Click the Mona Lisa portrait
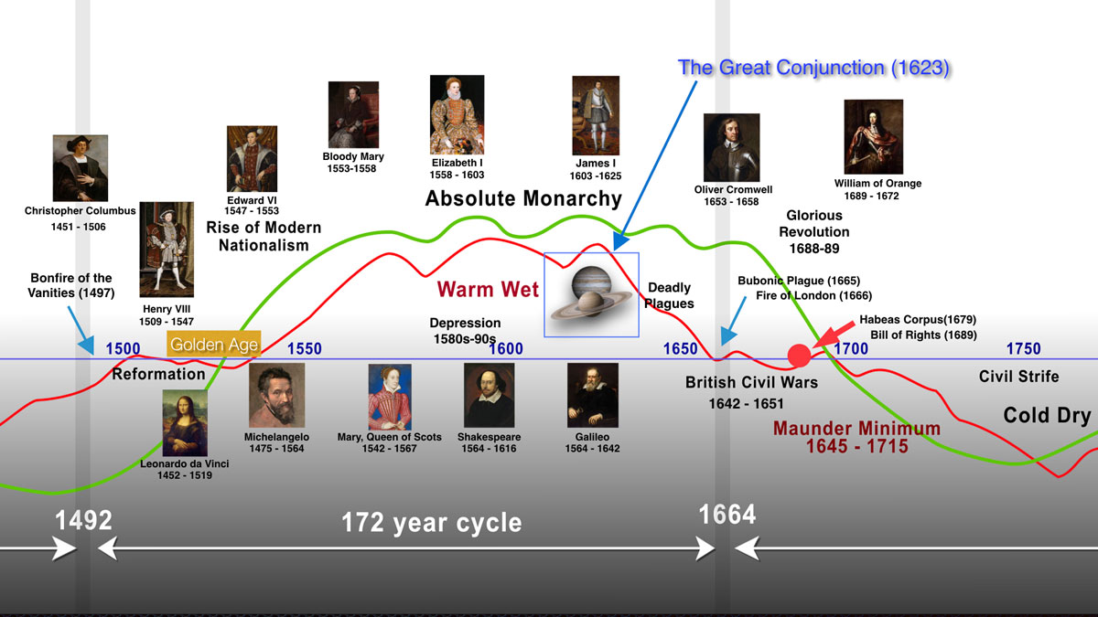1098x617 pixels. pyautogui.click(x=185, y=423)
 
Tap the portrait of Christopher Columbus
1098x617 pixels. pyautogui.click(x=81, y=168)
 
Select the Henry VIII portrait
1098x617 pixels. pyautogui.click(x=167, y=250)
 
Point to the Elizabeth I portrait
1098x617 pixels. pyautogui.click(x=457, y=114)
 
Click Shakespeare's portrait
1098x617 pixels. pyautogui.click(x=490, y=395)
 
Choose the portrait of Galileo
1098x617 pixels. pyautogui.click(x=593, y=395)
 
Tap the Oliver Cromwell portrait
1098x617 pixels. pyautogui.click(x=731, y=147)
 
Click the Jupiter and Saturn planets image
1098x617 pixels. pyautogui.click(x=591, y=294)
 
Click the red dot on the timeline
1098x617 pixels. pyautogui.click(x=799, y=356)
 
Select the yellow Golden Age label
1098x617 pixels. pyautogui.click(x=214, y=345)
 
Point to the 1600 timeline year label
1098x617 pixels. pyautogui.click(x=506, y=348)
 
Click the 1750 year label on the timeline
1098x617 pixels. pyautogui.click(x=1024, y=348)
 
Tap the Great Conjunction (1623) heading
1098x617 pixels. pyautogui.click(x=813, y=68)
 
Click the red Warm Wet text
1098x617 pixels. pyautogui.click(x=488, y=289)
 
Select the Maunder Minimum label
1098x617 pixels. pyautogui.click(x=856, y=429)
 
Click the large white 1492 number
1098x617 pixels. pyautogui.click(x=83, y=520)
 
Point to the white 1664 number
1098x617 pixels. pyautogui.click(x=727, y=515)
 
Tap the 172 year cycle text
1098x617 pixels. pyautogui.click(x=431, y=523)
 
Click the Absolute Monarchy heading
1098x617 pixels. pyautogui.click(x=523, y=198)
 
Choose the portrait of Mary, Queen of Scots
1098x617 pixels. pyautogui.click(x=390, y=397)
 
